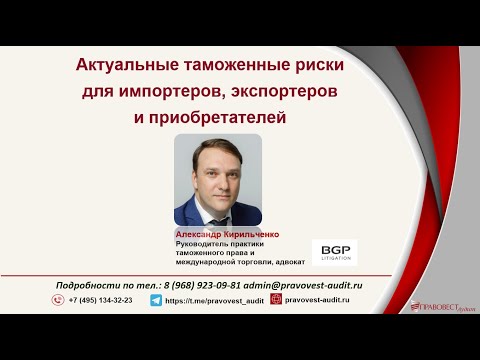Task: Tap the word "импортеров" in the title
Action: coord(167,92)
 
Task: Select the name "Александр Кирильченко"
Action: coord(227,234)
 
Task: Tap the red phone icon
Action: coord(59,300)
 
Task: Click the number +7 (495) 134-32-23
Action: coord(100,300)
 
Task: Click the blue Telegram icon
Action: coord(156,300)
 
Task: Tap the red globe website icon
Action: coord(276,300)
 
